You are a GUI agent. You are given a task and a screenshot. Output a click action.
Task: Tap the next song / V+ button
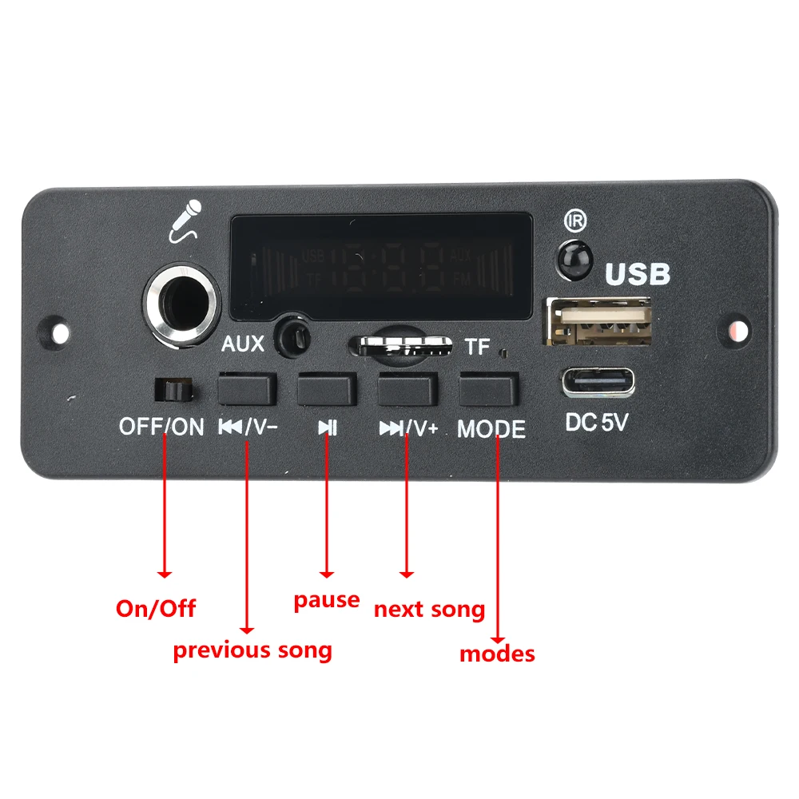407,389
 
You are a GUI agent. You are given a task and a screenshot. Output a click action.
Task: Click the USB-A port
598,321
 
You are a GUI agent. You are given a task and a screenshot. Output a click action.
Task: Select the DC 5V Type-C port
598,382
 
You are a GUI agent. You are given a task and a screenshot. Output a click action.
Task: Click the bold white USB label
637,274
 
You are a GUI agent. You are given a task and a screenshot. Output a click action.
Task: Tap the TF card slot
403,346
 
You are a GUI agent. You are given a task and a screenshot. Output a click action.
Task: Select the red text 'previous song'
252,650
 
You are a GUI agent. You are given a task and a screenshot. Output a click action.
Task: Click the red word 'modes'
497,654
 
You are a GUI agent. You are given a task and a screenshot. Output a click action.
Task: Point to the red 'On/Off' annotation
156,608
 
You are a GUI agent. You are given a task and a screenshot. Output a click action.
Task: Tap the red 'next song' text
429,610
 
